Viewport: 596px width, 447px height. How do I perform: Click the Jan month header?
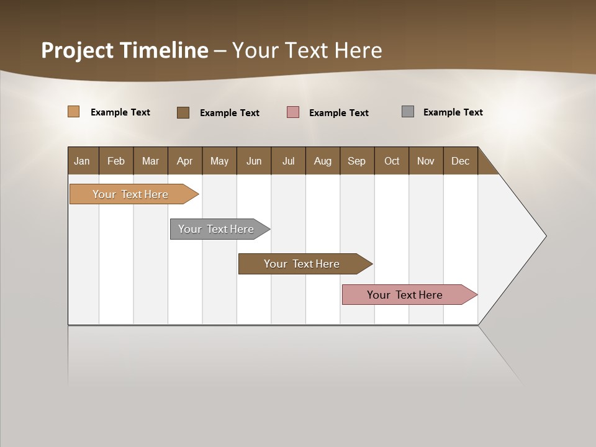(x=82, y=161)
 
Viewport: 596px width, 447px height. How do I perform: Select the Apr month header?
(x=184, y=161)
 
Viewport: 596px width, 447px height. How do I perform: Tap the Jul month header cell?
(x=288, y=161)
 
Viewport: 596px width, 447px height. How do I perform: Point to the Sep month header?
(x=356, y=161)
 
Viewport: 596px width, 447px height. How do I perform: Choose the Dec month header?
(x=460, y=161)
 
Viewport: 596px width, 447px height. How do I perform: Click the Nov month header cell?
(x=425, y=161)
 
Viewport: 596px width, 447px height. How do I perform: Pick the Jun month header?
(x=253, y=161)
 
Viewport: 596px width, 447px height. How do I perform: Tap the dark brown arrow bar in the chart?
(x=302, y=264)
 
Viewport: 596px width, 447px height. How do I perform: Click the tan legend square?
(x=73, y=112)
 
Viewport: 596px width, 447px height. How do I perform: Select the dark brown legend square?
(x=183, y=112)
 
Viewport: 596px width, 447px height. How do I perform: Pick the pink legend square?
(x=292, y=112)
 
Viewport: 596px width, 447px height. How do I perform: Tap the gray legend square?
(x=407, y=112)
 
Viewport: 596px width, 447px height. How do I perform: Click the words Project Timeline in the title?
(x=124, y=50)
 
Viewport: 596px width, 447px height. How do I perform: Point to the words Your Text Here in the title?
(x=307, y=50)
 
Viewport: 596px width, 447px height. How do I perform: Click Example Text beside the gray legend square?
(x=453, y=112)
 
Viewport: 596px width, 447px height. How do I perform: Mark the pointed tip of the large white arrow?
(x=544, y=236)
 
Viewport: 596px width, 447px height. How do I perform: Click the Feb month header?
(x=115, y=161)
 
